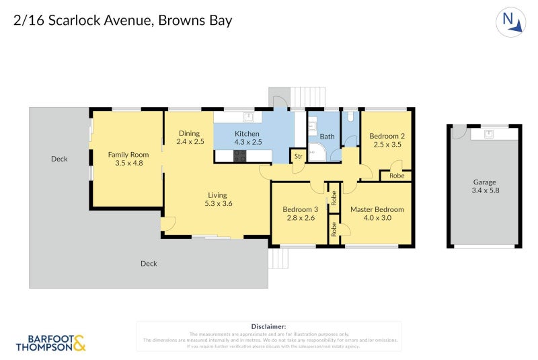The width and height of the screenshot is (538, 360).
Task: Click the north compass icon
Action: [x=510, y=22]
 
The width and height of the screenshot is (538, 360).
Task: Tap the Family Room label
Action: [x=128, y=154]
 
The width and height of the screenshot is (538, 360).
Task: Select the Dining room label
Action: [x=190, y=133]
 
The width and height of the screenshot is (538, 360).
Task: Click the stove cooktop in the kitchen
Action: [x=240, y=155]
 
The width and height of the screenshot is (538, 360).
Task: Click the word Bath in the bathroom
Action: [x=327, y=137]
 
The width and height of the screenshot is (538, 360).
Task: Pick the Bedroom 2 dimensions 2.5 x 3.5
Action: [x=387, y=144]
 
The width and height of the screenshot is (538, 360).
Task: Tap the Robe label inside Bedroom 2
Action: [x=396, y=176]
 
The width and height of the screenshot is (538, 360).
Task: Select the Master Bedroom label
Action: [x=377, y=209]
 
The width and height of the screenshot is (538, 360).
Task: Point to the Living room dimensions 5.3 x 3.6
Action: [x=219, y=204]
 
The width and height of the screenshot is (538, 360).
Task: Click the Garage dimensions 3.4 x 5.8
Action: [x=485, y=190]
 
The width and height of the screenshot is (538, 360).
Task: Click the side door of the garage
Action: [x=457, y=133]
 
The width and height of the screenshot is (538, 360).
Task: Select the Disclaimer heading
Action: [x=268, y=326]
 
